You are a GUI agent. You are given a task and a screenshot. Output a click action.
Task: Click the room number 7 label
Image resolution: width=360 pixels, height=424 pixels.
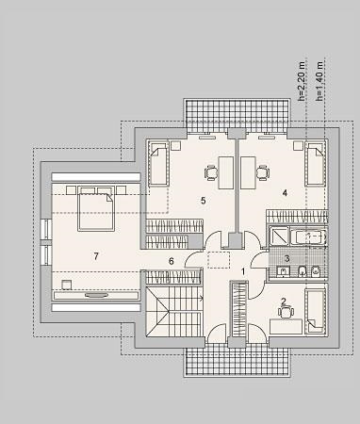click(96, 256)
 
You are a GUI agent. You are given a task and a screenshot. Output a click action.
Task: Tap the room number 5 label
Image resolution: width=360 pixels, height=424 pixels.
click(204, 200)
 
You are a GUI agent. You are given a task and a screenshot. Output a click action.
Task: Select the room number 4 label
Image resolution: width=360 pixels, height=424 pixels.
click(285, 192)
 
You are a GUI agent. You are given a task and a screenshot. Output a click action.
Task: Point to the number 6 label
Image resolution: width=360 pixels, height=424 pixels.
click(172, 261)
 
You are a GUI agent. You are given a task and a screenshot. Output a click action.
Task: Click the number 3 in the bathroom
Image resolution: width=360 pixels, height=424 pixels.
click(286, 258)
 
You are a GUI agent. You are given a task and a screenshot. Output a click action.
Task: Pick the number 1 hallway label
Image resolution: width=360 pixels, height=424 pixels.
click(243, 271)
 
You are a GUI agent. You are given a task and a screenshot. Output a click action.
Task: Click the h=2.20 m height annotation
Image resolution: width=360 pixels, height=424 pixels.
click(302, 80)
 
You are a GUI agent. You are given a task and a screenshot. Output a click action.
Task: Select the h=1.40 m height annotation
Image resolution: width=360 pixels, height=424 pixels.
click(319, 80)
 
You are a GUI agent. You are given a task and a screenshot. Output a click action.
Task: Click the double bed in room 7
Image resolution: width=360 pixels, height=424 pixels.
click(95, 209)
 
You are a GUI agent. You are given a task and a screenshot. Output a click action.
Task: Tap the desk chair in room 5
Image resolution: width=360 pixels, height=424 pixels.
click(211, 172)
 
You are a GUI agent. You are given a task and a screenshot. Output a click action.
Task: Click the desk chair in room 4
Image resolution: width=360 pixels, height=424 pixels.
click(263, 172)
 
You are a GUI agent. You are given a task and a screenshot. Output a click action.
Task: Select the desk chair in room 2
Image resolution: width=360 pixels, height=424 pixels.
click(286, 312)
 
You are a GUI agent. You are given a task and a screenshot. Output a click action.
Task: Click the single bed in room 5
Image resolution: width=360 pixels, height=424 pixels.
click(158, 164)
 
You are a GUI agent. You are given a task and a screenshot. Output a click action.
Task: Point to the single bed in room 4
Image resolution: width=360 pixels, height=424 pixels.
click(315, 164)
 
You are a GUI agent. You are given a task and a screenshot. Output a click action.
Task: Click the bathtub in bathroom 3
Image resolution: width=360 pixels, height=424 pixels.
click(308, 237)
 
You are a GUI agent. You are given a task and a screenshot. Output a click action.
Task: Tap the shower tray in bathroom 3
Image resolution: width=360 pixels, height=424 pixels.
click(279, 236)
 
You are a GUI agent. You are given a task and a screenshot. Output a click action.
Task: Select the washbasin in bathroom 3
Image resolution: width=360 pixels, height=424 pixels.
click(284, 271)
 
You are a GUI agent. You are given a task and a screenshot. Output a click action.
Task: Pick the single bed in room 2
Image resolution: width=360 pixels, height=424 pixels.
click(315, 311)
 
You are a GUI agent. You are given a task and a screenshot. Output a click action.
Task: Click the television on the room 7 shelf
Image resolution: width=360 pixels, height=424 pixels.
click(96, 295)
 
